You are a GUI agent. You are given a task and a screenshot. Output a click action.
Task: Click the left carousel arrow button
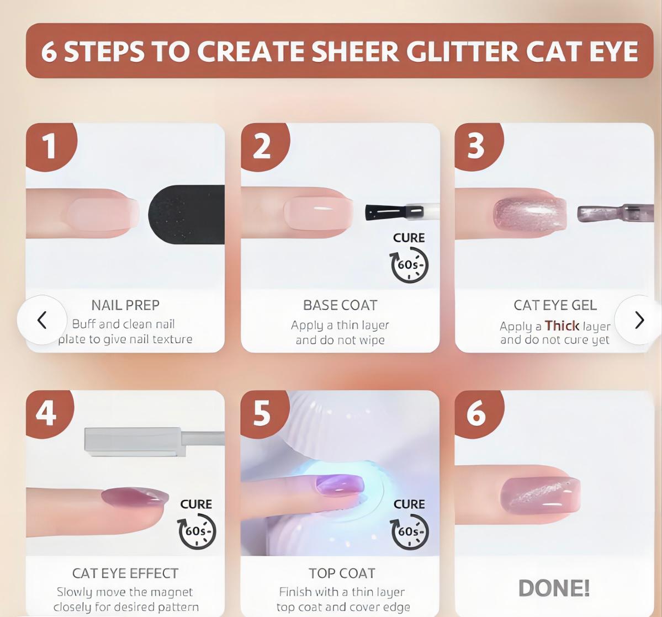42,320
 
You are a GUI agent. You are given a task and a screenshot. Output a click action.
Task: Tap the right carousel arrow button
639,320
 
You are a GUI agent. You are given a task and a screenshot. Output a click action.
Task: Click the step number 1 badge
50,146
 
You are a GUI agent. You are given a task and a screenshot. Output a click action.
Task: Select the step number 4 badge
47,413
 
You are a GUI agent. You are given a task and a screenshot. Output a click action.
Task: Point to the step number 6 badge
476,413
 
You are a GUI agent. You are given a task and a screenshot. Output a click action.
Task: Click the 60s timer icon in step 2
409,265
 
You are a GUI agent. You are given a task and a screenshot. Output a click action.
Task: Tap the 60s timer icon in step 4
197,531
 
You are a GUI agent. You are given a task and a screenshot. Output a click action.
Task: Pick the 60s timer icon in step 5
409,531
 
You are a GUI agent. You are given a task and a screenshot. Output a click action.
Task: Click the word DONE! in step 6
554,588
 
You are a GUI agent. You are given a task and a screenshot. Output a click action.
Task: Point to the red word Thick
562,326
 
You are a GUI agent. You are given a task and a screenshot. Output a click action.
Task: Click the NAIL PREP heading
125,305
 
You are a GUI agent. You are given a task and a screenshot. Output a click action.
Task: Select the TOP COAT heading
342,573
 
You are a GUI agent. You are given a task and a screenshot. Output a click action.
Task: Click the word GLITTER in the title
462,51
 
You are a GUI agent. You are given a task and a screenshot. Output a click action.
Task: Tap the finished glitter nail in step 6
540,494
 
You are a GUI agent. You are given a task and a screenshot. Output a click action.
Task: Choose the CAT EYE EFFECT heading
125,573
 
